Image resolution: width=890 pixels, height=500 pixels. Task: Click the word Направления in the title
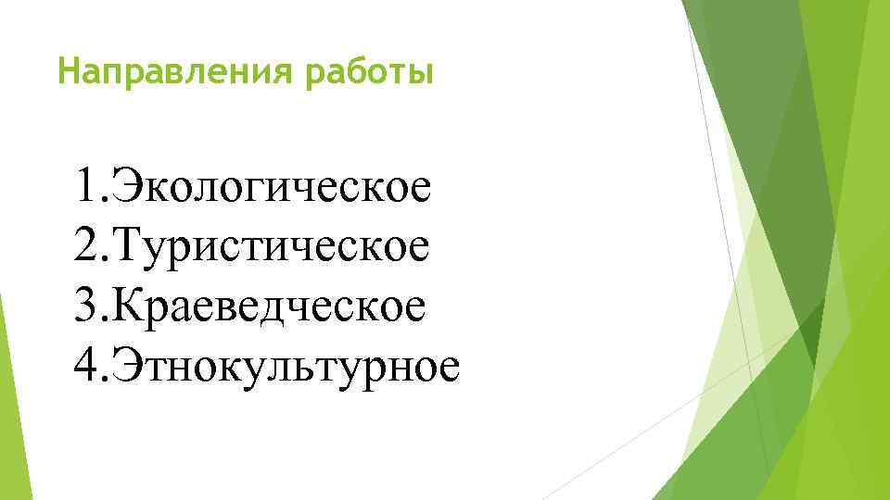(174, 71)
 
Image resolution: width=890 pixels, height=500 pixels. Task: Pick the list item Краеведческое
(270, 306)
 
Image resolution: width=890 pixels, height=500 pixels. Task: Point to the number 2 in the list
(88, 245)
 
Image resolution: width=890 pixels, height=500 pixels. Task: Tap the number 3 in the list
(88, 306)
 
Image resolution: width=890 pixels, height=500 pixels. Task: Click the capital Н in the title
(67, 71)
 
